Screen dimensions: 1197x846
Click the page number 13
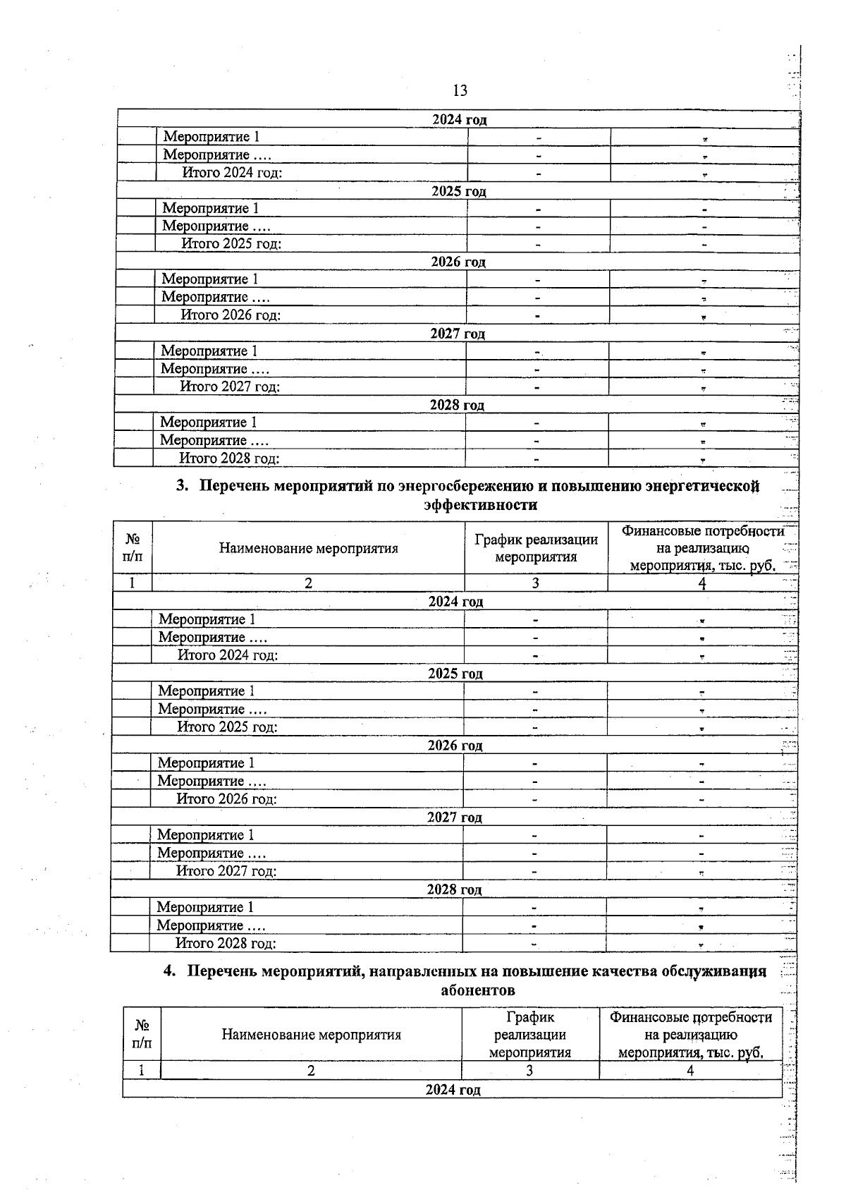(x=460, y=90)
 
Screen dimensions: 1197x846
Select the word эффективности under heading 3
(x=480, y=505)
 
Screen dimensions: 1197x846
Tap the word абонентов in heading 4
(x=477, y=990)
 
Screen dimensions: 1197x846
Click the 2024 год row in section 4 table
(x=453, y=1090)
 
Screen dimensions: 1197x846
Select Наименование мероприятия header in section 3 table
(x=308, y=548)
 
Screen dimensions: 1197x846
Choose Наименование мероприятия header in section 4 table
(x=311, y=1035)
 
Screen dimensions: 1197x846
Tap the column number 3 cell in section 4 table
(x=529, y=1071)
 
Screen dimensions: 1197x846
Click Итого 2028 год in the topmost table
(x=229, y=458)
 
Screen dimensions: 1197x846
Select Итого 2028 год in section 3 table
(x=226, y=943)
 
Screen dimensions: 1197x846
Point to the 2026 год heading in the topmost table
(x=458, y=262)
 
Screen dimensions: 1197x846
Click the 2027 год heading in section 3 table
(x=455, y=818)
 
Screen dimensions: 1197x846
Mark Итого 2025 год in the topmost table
(x=231, y=244)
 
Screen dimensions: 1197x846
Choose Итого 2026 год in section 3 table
(x=226, y=799)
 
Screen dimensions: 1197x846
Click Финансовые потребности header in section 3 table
(x=701, y=548)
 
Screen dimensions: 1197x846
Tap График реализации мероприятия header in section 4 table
(x=529, y=1035)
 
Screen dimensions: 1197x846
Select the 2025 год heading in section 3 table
(x=455, y=674)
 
